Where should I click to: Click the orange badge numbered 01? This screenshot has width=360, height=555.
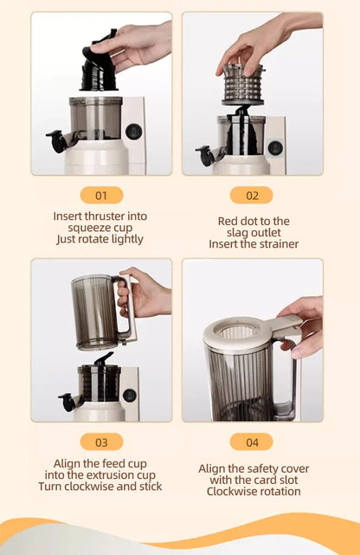pos(101,195)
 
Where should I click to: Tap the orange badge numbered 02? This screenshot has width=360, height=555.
pos(252,195)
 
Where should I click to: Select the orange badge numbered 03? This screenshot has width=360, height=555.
pos(101,442)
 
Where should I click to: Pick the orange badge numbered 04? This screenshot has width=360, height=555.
pos(252,442)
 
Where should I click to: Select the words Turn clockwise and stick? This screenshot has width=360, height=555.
pos(100,486)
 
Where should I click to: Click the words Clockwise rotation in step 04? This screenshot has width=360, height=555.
pos(254,491)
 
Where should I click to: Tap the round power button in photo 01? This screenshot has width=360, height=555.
pos(132,131)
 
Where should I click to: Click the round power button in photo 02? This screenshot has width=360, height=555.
pos(275,147)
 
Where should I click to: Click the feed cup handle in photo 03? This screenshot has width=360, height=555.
pos(125,310)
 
